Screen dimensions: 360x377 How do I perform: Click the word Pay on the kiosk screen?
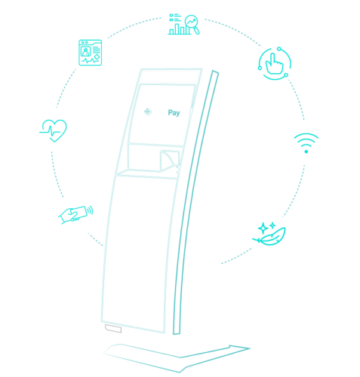(174, 113)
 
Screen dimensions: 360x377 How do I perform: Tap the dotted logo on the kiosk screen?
(148, 112)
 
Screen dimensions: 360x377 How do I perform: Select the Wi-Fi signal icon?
(306, 143)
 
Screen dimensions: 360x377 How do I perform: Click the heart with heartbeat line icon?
(54, 130)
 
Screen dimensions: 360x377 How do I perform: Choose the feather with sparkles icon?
(269, 234)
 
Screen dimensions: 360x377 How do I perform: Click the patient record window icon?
(90, 53)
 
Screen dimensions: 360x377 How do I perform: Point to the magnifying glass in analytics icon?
(192, 24)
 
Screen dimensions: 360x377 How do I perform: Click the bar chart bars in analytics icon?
(180, 29)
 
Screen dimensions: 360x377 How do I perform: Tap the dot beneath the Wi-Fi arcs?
(306, 152)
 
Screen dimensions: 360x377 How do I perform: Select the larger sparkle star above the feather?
(263, 228)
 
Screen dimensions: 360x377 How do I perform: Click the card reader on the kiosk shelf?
(170, 161)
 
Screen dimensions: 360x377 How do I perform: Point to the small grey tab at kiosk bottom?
(113, 329)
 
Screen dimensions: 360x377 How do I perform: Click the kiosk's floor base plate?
(176, 358)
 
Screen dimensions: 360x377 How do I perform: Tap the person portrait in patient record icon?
(85, 52)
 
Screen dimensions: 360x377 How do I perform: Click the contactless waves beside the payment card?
(90, 210)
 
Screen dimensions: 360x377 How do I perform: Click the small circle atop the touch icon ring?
(279, 48)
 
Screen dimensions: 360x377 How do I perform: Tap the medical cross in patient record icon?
(97, 57)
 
